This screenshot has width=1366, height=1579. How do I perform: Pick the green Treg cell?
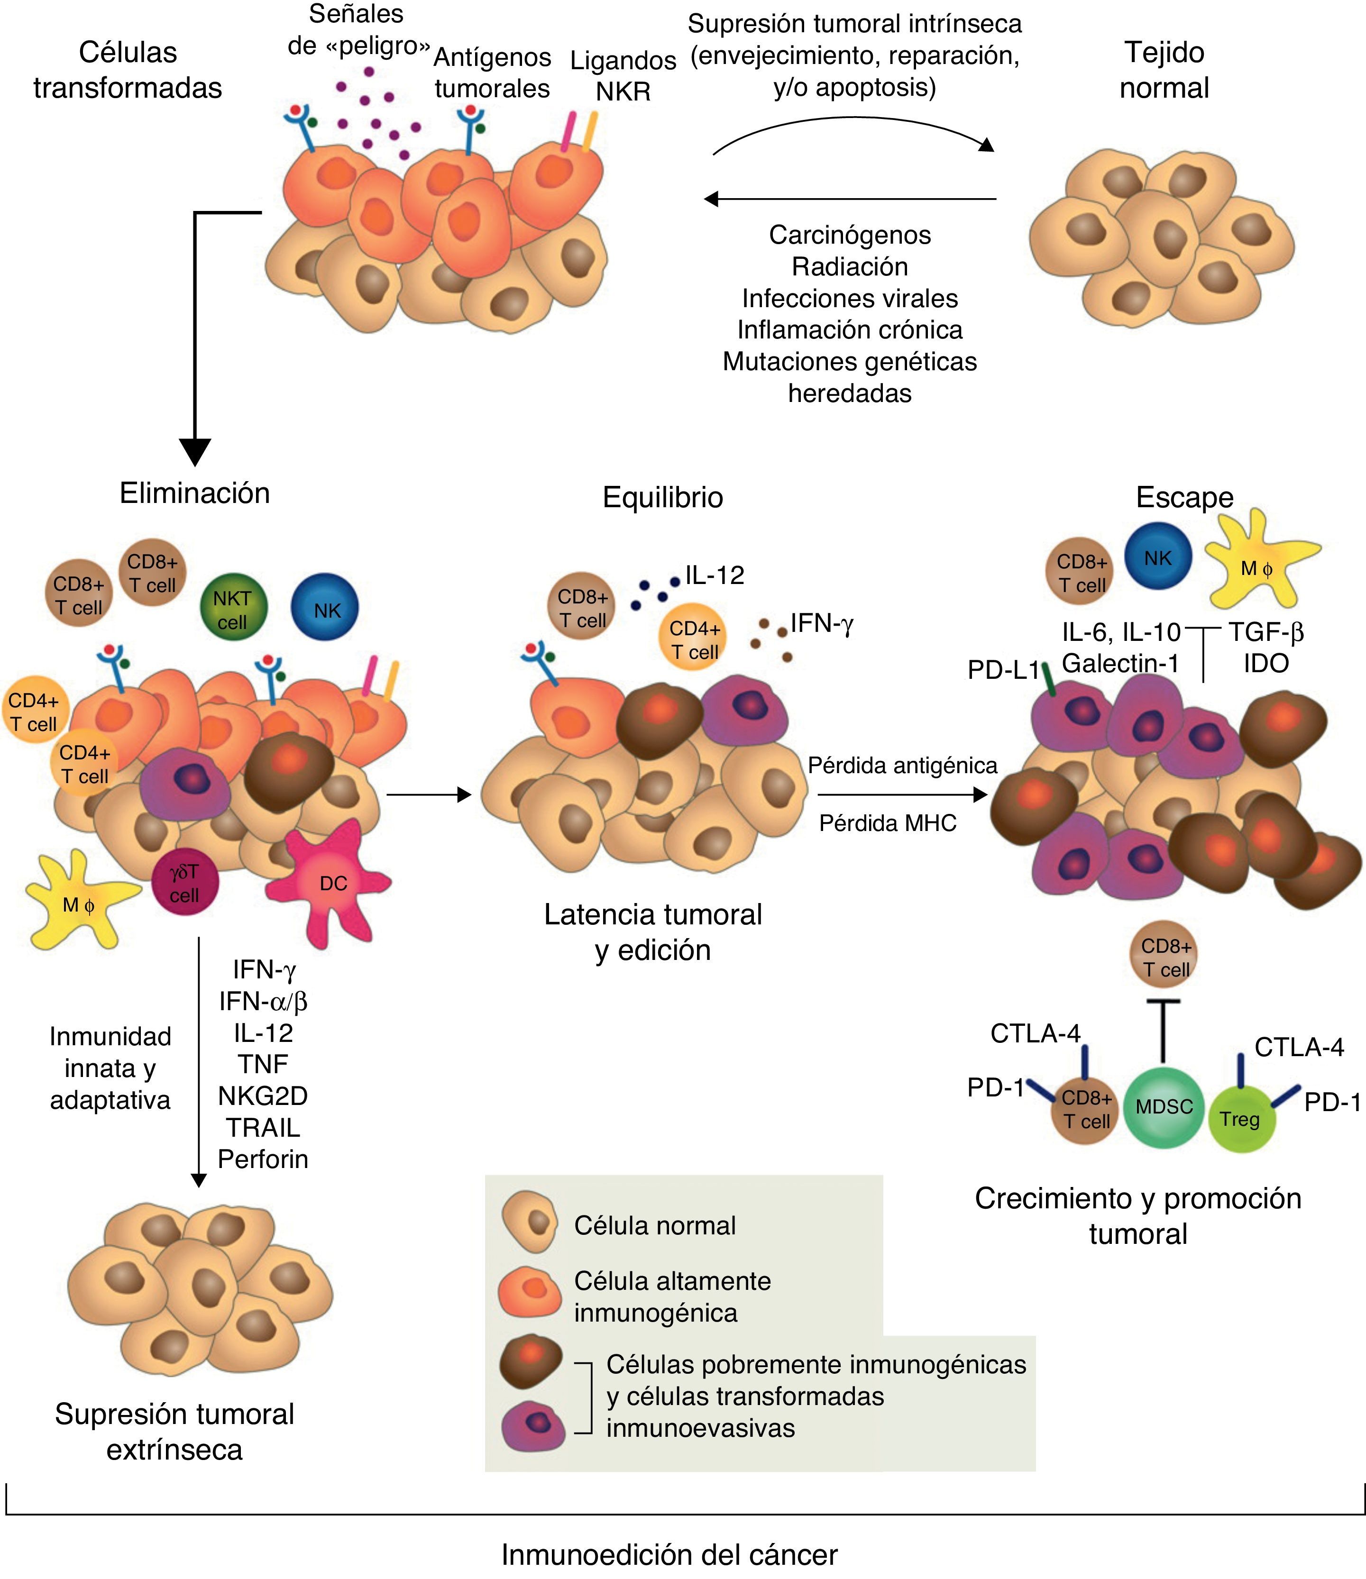(1241, 1119)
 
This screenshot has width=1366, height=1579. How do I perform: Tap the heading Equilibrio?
(662, 497)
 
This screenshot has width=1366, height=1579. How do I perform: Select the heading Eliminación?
(195, 493)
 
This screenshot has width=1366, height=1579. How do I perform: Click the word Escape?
(1184, 497)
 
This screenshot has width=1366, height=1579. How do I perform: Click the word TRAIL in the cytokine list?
(263, 1127)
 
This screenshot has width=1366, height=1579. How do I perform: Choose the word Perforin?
(263, 1159)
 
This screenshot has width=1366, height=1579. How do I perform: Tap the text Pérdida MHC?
(887, 823)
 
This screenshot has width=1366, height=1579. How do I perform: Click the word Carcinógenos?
(850, 235)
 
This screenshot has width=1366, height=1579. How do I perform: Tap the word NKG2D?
(263, 1096)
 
